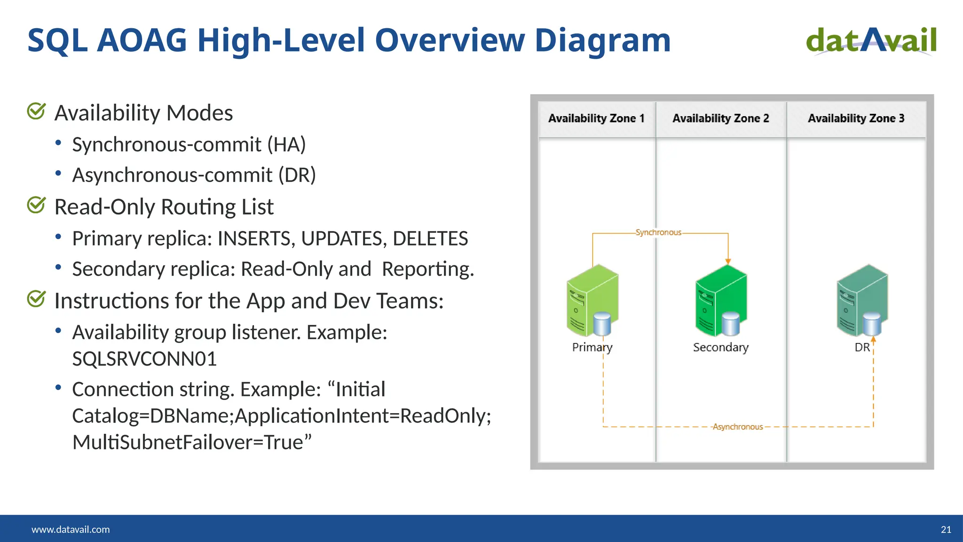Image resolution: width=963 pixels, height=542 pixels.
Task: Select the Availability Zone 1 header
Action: pyautogui.click(x=596, y=119)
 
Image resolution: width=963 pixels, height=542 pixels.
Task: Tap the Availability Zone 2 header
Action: pyautogui.click(x=720, y=119)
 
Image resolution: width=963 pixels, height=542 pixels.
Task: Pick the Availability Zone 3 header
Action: pyautogui.click(x=856, y=119)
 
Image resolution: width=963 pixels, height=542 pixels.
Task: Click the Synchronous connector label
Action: pyautogui.click(x=658, y=232)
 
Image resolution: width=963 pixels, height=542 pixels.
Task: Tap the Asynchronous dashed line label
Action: pyautogui.click(x=737, y=427)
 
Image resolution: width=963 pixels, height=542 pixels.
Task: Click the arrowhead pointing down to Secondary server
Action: pyautogui.click(x=728, y=261)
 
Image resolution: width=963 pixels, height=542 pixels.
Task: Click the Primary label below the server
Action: pyautogui.click(x=592, y=347)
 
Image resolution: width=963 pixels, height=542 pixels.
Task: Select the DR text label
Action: pyautogui.click(x=862, y=347)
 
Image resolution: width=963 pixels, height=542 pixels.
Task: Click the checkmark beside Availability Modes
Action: pyautogui.click(x=36, y=112)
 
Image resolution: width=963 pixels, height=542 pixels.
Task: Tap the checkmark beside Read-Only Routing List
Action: pyautogui.click(x=36, y=205)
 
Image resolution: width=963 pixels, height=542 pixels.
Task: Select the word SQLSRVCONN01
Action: pyautogui.click(x=144, y=359)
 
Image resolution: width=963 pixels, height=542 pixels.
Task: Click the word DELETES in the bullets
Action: pyautogui.click(x=430, y=239)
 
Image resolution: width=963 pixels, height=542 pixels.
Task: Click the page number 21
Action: pyautogui.click(x=946, y=529)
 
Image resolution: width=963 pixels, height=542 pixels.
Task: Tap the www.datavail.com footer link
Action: pyautogui.click(x=71, y=529)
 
